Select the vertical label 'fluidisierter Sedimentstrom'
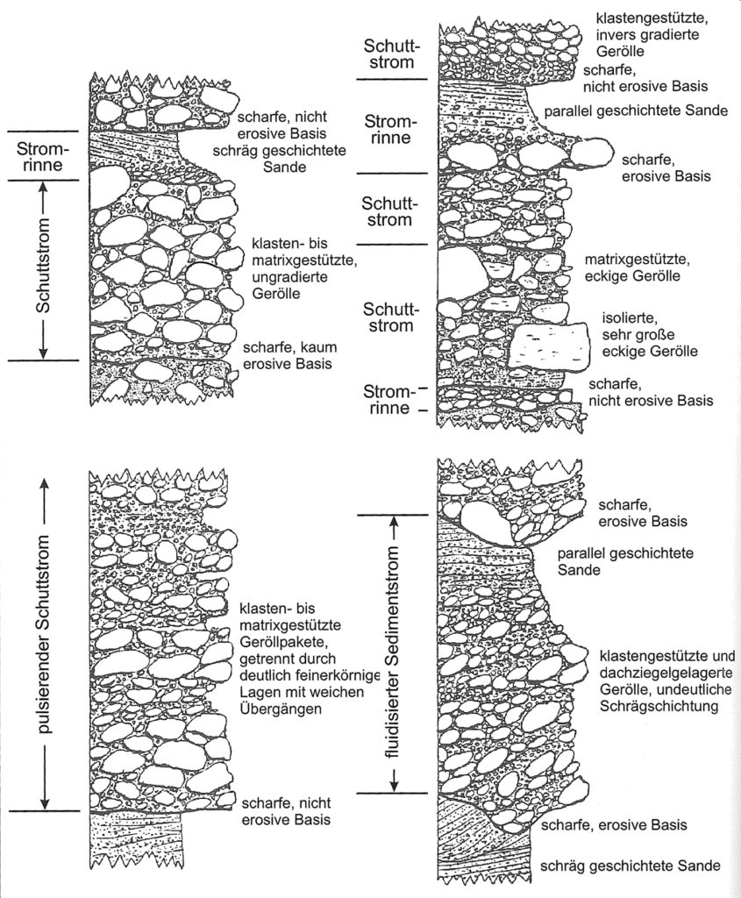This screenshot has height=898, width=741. coord(393,652)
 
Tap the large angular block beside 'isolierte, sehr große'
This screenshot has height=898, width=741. coord(550,345)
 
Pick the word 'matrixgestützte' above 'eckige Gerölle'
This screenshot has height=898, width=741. coord(637,260)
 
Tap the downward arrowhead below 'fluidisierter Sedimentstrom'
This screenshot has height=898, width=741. coord(393,781)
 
